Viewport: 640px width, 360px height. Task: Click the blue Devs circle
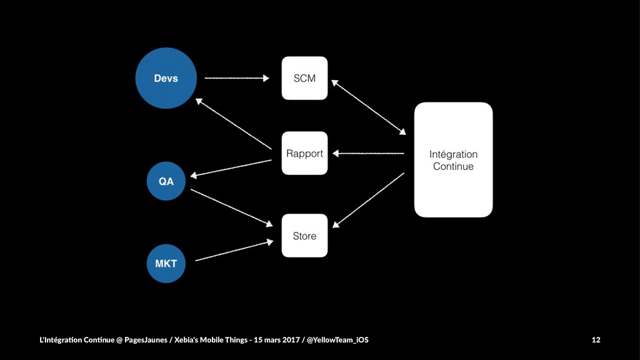166,78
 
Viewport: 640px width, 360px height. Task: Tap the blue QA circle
166,181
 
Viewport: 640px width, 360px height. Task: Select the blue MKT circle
166,264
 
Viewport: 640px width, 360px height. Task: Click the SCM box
304,78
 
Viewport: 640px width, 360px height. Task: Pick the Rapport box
304,153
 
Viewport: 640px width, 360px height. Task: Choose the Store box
304,236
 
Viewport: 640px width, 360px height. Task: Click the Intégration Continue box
454,159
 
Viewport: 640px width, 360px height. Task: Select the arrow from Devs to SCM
237,78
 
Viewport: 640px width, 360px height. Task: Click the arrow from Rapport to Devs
234,124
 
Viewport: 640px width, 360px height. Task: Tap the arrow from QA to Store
231,207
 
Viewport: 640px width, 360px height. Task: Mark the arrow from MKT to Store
234,251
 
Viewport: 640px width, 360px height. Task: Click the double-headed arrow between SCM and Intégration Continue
369,107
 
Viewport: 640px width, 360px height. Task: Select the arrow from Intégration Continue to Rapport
368,154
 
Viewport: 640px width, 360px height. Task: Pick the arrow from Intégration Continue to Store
369,200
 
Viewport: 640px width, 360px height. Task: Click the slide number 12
596,339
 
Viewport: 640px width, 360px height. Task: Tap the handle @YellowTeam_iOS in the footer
337,339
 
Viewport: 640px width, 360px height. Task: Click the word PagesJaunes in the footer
146,339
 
